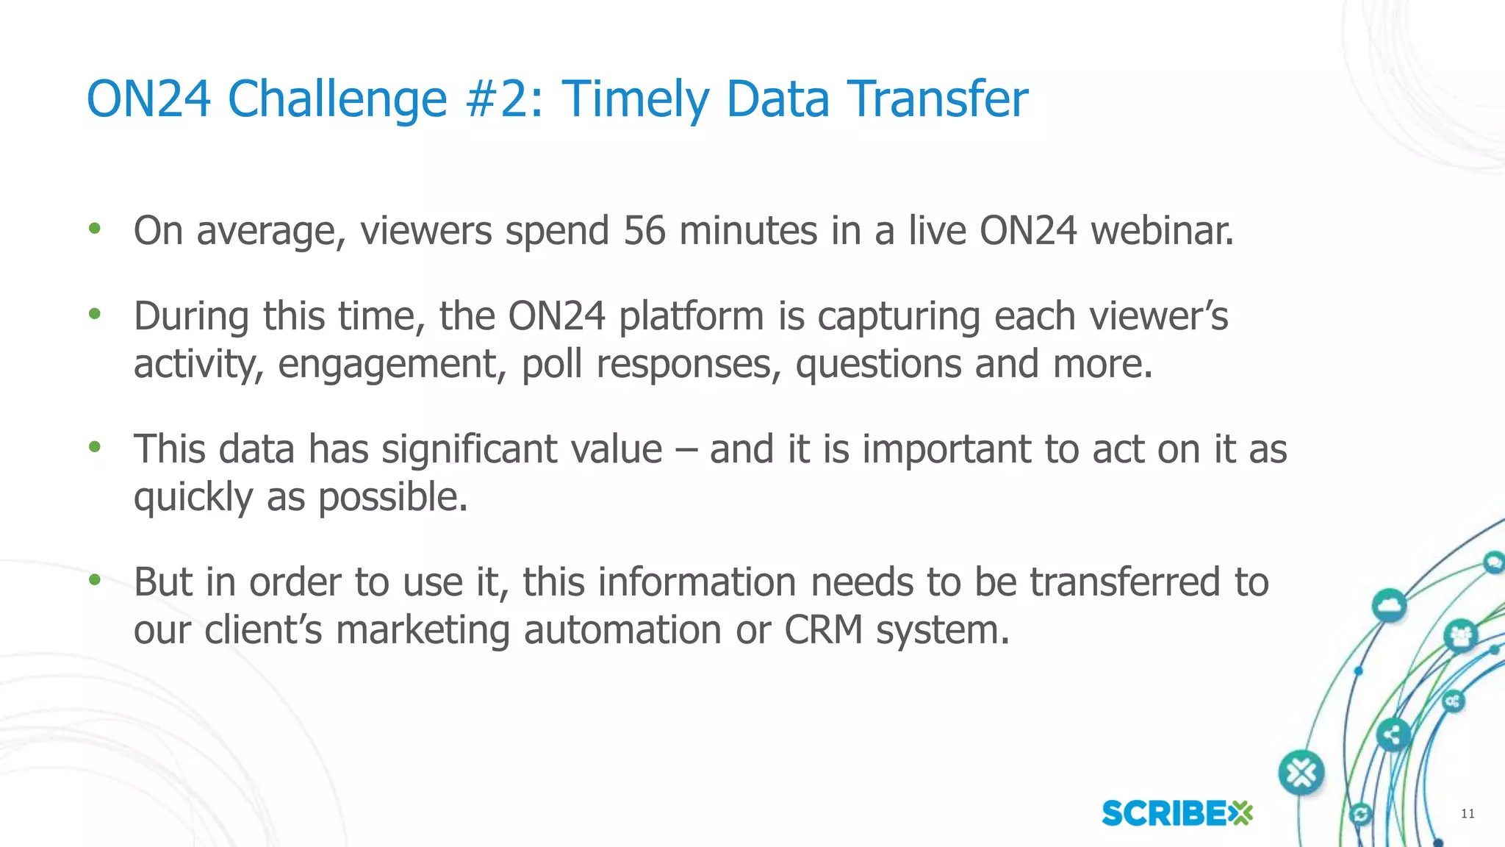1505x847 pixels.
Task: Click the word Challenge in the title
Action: pyautogui.click(x=337, y=99)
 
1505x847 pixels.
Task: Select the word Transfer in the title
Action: pyautogui.click(x=937, y=99)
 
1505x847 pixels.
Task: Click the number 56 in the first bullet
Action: pyautogui.click(x=644, y=231)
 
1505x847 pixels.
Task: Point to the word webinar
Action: pyautogui.click(x=1162, y=231)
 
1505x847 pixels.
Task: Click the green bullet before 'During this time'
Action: pyautogui.click(x=94, y=315)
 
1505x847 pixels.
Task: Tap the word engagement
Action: pyautogui.click(x=392, y=365)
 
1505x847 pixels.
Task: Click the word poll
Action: pyautogui.click(x=551, y=365)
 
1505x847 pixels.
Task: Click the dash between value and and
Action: pyautogui.click(x=685, y=451)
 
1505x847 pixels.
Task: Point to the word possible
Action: pyautogui.click(x=392, y=498)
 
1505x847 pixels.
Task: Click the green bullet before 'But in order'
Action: pyautogui.click(x=94, y=580)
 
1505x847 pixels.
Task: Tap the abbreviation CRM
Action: pyautogui.click(x=823, y=630)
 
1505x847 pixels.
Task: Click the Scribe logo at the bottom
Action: pyautogui.click(x=1177, y=813)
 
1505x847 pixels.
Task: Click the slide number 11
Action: pyautogui.click(x=1468, y=813)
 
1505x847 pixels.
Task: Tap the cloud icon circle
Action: pyautogui.click(x=1388, y=606)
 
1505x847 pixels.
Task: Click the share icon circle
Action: pyautogui.click(x=1392, y=734)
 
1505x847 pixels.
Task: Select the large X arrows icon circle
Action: pyautogui.click(x=1301, y=773)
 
